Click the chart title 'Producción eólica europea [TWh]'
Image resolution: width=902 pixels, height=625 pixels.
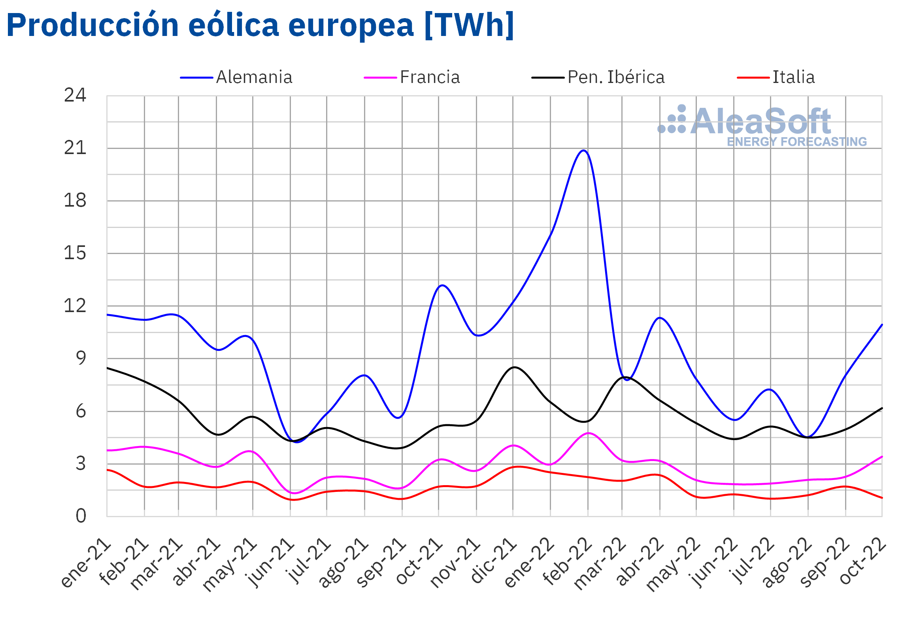click(x=260, y=25)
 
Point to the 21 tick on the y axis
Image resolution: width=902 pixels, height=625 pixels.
click(x=75, y=148)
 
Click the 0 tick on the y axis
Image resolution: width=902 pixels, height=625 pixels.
click(x=81, y=516)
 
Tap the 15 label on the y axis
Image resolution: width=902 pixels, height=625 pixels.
click(x=75, y=253)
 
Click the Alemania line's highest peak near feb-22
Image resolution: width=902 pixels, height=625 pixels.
click(x=584, y=151)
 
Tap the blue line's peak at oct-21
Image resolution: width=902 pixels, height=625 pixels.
click(x=442, y=285)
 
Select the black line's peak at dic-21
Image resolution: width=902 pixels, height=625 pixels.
click(x=514, y=367)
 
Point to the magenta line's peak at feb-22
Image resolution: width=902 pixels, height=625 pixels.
click(x=589, y=433)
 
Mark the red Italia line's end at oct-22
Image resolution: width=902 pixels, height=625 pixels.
click(x=882, y=498)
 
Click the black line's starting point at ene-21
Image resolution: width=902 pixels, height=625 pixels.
click(x=108, y=368)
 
